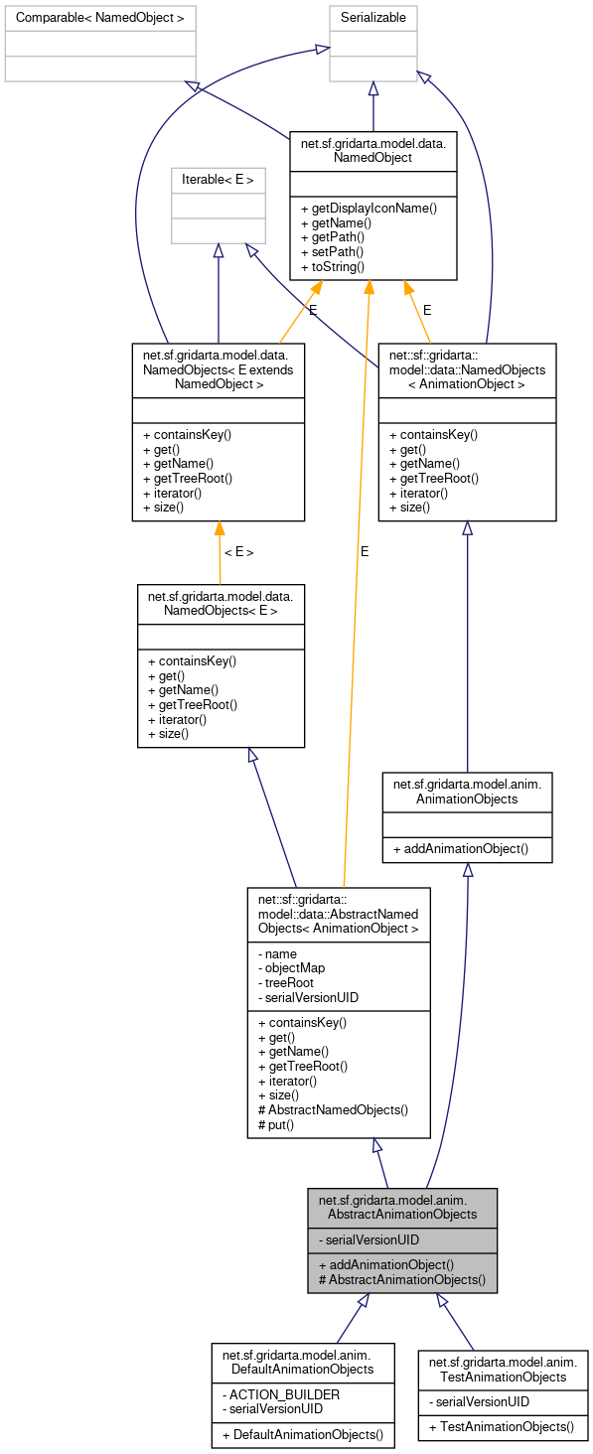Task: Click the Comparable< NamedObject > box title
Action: tap(100, 18)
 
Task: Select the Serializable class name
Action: tap(373, 18)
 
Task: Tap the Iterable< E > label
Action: tap(219, 180)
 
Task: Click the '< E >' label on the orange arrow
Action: tap(238, 552)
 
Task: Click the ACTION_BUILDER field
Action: tap(281, 1393)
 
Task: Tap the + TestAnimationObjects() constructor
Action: tap(502, 1426)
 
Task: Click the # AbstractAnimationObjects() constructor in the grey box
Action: tap(401, 1280)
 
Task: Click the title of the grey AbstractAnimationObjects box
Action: tap(402, 1206)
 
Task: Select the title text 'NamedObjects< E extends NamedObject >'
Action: tap(219, 367)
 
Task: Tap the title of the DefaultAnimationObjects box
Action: tap(303, 1362)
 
